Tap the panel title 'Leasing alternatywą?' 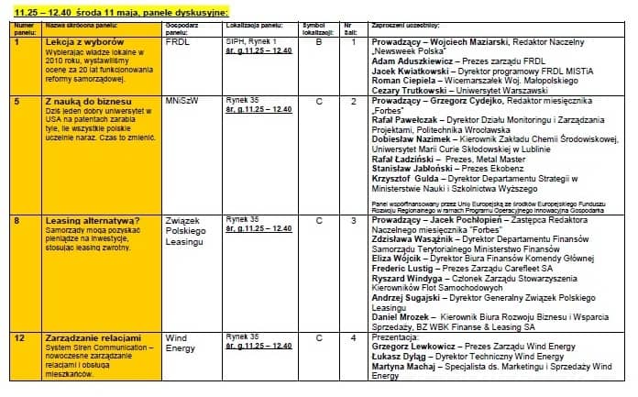point(93,220)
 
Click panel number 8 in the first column point(17,220)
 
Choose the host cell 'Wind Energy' point(180,342)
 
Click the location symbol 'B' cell point(320,42)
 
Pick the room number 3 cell point(353,220)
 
